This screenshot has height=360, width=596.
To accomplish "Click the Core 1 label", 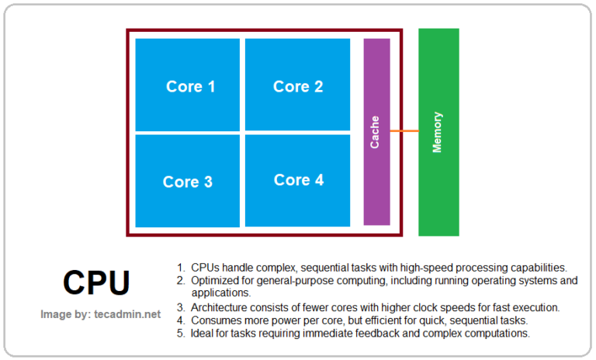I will [x=190, y=87].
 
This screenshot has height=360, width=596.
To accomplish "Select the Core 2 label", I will [x=298, y=87].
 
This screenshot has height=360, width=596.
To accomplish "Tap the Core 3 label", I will [x=188, y=182].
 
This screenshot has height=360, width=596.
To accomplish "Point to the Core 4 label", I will [x=299, y=180].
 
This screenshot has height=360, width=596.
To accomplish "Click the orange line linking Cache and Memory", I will [x=404, y=131].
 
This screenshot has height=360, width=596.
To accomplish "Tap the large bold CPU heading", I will [x=96, y=283].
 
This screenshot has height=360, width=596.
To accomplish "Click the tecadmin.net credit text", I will [x=101, y=314].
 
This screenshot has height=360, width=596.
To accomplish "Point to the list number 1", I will [x=180, y=268].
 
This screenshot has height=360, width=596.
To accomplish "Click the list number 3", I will [x=180, y=307].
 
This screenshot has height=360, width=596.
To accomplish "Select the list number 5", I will [x=180, y=333].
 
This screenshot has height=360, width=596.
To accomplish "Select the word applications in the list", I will [x=220, y=293].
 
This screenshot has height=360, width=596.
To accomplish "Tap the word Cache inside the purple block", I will [x=376, y=132].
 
